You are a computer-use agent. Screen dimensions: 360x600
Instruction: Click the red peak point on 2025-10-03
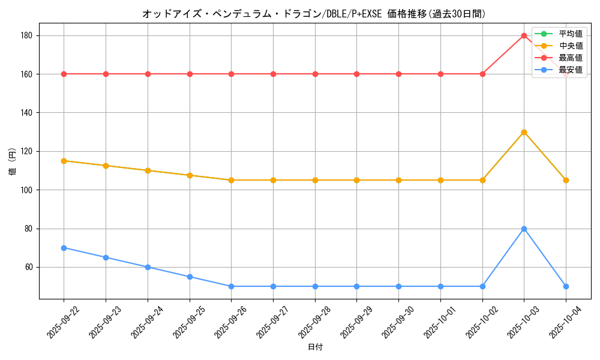(x=524, y=35)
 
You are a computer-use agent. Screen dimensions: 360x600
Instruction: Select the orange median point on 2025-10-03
(x=524, y=132)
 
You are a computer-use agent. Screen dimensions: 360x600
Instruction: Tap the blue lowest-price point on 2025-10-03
(x=524, y=229)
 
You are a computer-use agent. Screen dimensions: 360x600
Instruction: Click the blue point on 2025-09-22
(x=64, y=248)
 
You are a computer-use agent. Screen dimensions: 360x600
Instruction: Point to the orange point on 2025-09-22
(x=64, y=161)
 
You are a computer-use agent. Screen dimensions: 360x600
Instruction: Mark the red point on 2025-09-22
(x=64, y=74)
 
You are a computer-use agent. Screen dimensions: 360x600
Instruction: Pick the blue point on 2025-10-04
(x=566, y=286)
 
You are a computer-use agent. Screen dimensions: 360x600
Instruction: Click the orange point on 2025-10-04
(x=566, y=180)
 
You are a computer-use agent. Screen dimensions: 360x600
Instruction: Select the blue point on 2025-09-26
(x=231, y=286)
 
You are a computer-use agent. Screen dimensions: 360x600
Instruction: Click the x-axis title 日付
(x=314, y=347)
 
